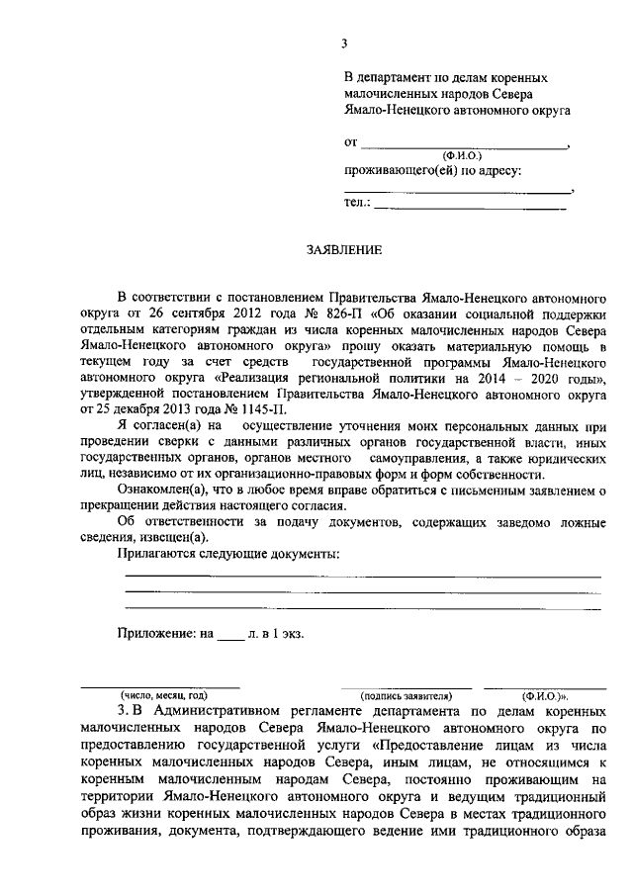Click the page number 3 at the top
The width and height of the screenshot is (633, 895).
[344, 43]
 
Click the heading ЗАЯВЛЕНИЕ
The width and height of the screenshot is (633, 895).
[343, 250]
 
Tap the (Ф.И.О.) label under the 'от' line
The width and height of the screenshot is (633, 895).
[462, 156]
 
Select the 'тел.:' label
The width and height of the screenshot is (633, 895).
[357, 203]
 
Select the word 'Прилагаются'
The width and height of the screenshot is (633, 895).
[156, 553]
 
